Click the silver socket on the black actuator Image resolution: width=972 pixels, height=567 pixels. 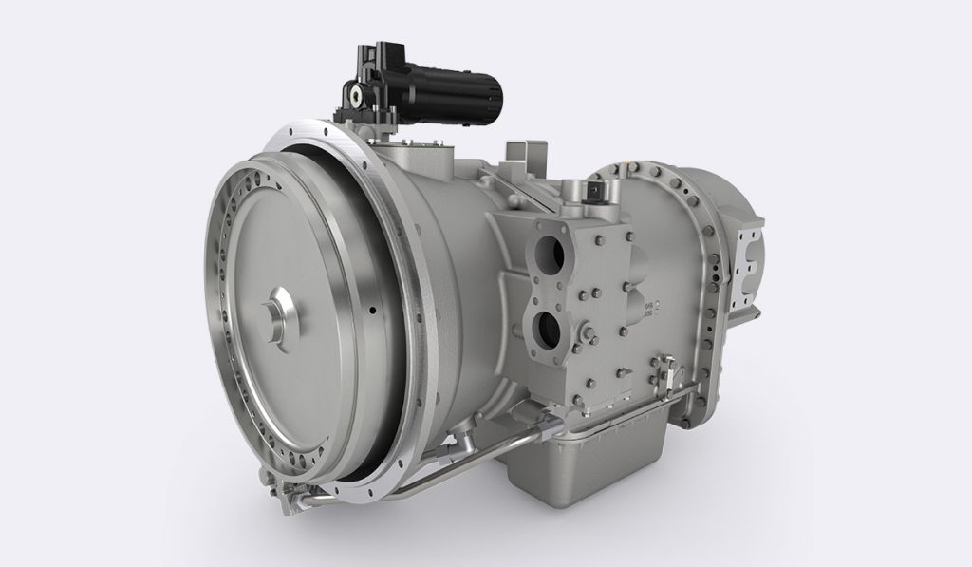click(354, 95)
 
